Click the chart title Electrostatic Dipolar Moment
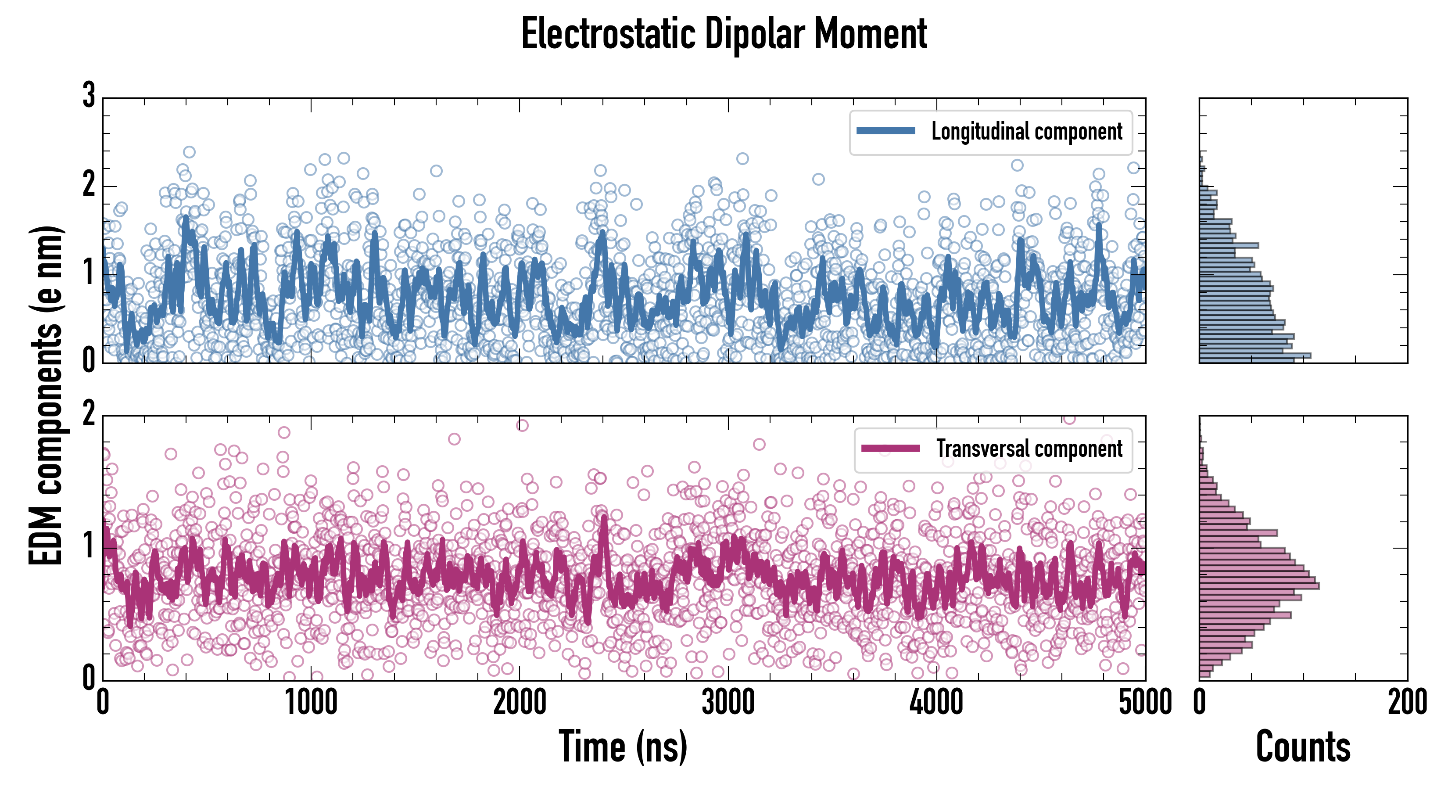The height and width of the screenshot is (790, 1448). point(724,34)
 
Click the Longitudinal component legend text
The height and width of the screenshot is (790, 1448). point(1026,132)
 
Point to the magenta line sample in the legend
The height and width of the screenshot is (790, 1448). point(890,449)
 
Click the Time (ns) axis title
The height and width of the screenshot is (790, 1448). point(623,747)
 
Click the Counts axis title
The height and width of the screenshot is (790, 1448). point(1303,747)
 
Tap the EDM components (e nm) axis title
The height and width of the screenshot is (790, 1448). point(46,396)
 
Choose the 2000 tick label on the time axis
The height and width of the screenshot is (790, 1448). point(520,703)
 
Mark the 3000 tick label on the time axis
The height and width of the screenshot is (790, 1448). point(728,703)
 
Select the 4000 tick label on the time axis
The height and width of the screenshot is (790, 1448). point(936,703)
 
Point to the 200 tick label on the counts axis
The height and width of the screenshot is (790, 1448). point(1407,703)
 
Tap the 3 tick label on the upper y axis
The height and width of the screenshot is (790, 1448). point(89,96)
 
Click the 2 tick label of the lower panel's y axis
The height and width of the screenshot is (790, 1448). point(89,414)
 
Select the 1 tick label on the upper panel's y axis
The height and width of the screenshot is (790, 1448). point(89,273)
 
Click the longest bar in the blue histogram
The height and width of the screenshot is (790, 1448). point(1254,355)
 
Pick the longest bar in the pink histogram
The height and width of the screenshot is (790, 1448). point(1259,586)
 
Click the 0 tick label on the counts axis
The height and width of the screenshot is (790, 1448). point(1200,703)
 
